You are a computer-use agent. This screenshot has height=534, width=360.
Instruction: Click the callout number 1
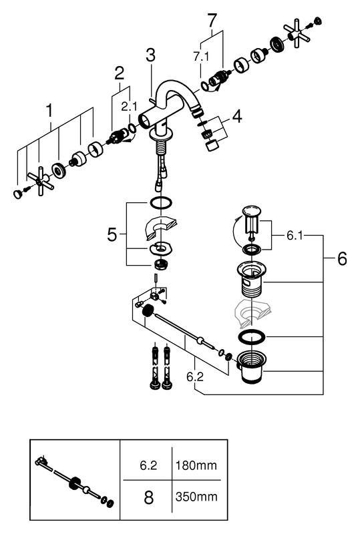[x=50, y=111]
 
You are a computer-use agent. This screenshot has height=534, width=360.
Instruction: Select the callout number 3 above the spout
[x=150, y=55]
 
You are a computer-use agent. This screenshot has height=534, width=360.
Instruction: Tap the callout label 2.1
[x=129, y=107]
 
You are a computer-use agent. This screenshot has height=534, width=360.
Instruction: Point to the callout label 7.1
[x=201, y=57]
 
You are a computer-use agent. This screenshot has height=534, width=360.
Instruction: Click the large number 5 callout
[x=112, y=235]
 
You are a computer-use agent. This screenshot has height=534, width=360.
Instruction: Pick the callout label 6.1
[x=295, y=236]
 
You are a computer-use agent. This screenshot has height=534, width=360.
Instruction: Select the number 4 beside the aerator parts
[x=237, y=116]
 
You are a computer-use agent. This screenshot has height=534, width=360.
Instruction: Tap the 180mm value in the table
[x=196, y=465]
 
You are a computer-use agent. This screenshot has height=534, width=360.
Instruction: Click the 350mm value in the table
[x=196, y=497]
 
